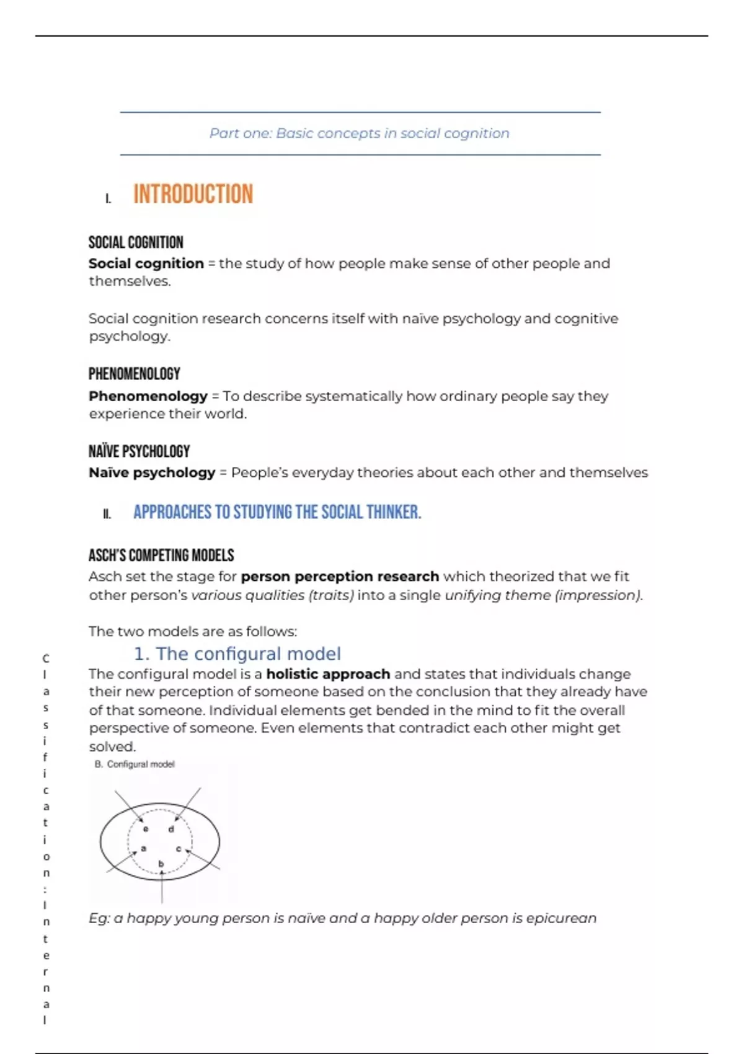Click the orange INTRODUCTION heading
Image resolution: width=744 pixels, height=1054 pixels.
193,194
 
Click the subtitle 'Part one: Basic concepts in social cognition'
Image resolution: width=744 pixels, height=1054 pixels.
359,133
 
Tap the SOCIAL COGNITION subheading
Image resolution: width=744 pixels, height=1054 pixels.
136,242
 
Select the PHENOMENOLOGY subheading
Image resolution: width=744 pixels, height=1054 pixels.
134,374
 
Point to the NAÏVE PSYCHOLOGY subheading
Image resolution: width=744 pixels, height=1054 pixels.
139,451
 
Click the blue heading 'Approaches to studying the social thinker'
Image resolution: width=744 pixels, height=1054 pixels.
277,512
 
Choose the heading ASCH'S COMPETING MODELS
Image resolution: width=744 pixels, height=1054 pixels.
161,555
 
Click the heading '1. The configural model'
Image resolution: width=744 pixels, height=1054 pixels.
237,653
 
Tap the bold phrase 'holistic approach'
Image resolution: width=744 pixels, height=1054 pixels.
328,674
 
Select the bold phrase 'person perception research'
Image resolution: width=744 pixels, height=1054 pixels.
340,577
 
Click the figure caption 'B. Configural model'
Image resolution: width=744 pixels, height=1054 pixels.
135,764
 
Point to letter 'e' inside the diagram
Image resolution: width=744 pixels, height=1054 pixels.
146,829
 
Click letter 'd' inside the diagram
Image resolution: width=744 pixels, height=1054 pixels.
171,829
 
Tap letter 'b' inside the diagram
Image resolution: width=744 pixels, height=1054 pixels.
161,863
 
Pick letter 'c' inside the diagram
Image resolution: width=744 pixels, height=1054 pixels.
179,849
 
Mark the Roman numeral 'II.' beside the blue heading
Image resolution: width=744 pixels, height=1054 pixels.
107,514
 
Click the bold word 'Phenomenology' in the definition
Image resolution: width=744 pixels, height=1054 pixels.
148,396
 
